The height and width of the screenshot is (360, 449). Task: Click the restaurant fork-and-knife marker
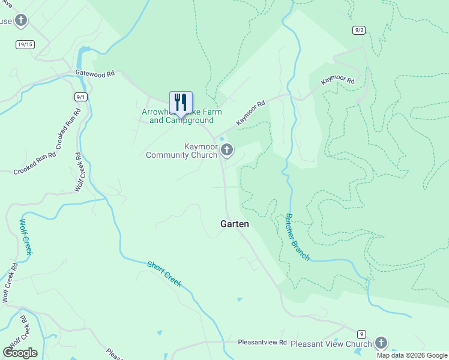coord(181,103)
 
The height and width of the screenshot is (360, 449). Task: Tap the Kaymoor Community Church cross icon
coord(226,149)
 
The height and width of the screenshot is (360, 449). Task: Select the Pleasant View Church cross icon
coord(381,343)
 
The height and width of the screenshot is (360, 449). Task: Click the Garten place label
coord(234,224)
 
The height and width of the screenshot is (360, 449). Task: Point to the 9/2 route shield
coord(359,29)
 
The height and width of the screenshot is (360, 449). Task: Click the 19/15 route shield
coord(25,44)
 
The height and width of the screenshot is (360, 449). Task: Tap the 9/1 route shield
coord(82,97)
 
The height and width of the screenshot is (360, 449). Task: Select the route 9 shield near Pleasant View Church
coord(361,334)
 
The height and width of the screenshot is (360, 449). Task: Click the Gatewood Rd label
coord(95,73)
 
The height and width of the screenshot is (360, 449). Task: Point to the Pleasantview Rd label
coord(262,342)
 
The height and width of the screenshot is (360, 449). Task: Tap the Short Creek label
coord(164,274)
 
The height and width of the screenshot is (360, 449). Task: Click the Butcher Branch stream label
coord(297,237)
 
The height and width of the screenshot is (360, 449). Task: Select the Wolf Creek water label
coord(26,236)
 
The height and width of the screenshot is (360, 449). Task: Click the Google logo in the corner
coord(20,352)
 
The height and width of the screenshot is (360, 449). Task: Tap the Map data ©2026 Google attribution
coord(412,355)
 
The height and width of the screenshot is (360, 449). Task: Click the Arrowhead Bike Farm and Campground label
coord(181,116)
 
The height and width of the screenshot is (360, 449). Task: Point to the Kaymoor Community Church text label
coord(182,151)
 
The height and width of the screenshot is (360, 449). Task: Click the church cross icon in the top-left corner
coord(21,21)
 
